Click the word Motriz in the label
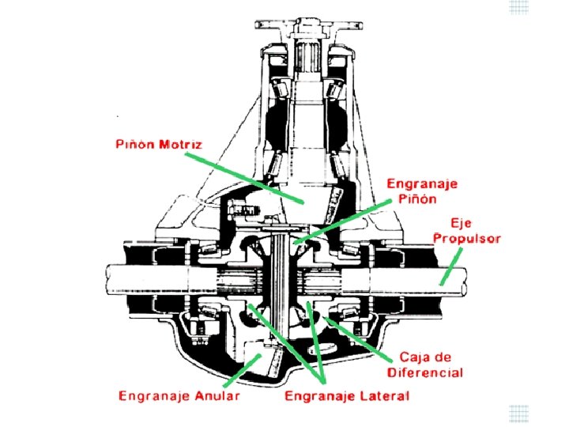coord(180,145)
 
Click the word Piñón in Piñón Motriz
coord(133,145)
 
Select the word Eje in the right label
coord(461,223)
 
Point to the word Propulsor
coord(466,239)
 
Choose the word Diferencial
coord(425,372)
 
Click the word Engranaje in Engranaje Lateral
coord(322,395)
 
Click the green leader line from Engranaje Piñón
coord(348,222)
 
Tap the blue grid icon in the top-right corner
coord(518,7)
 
